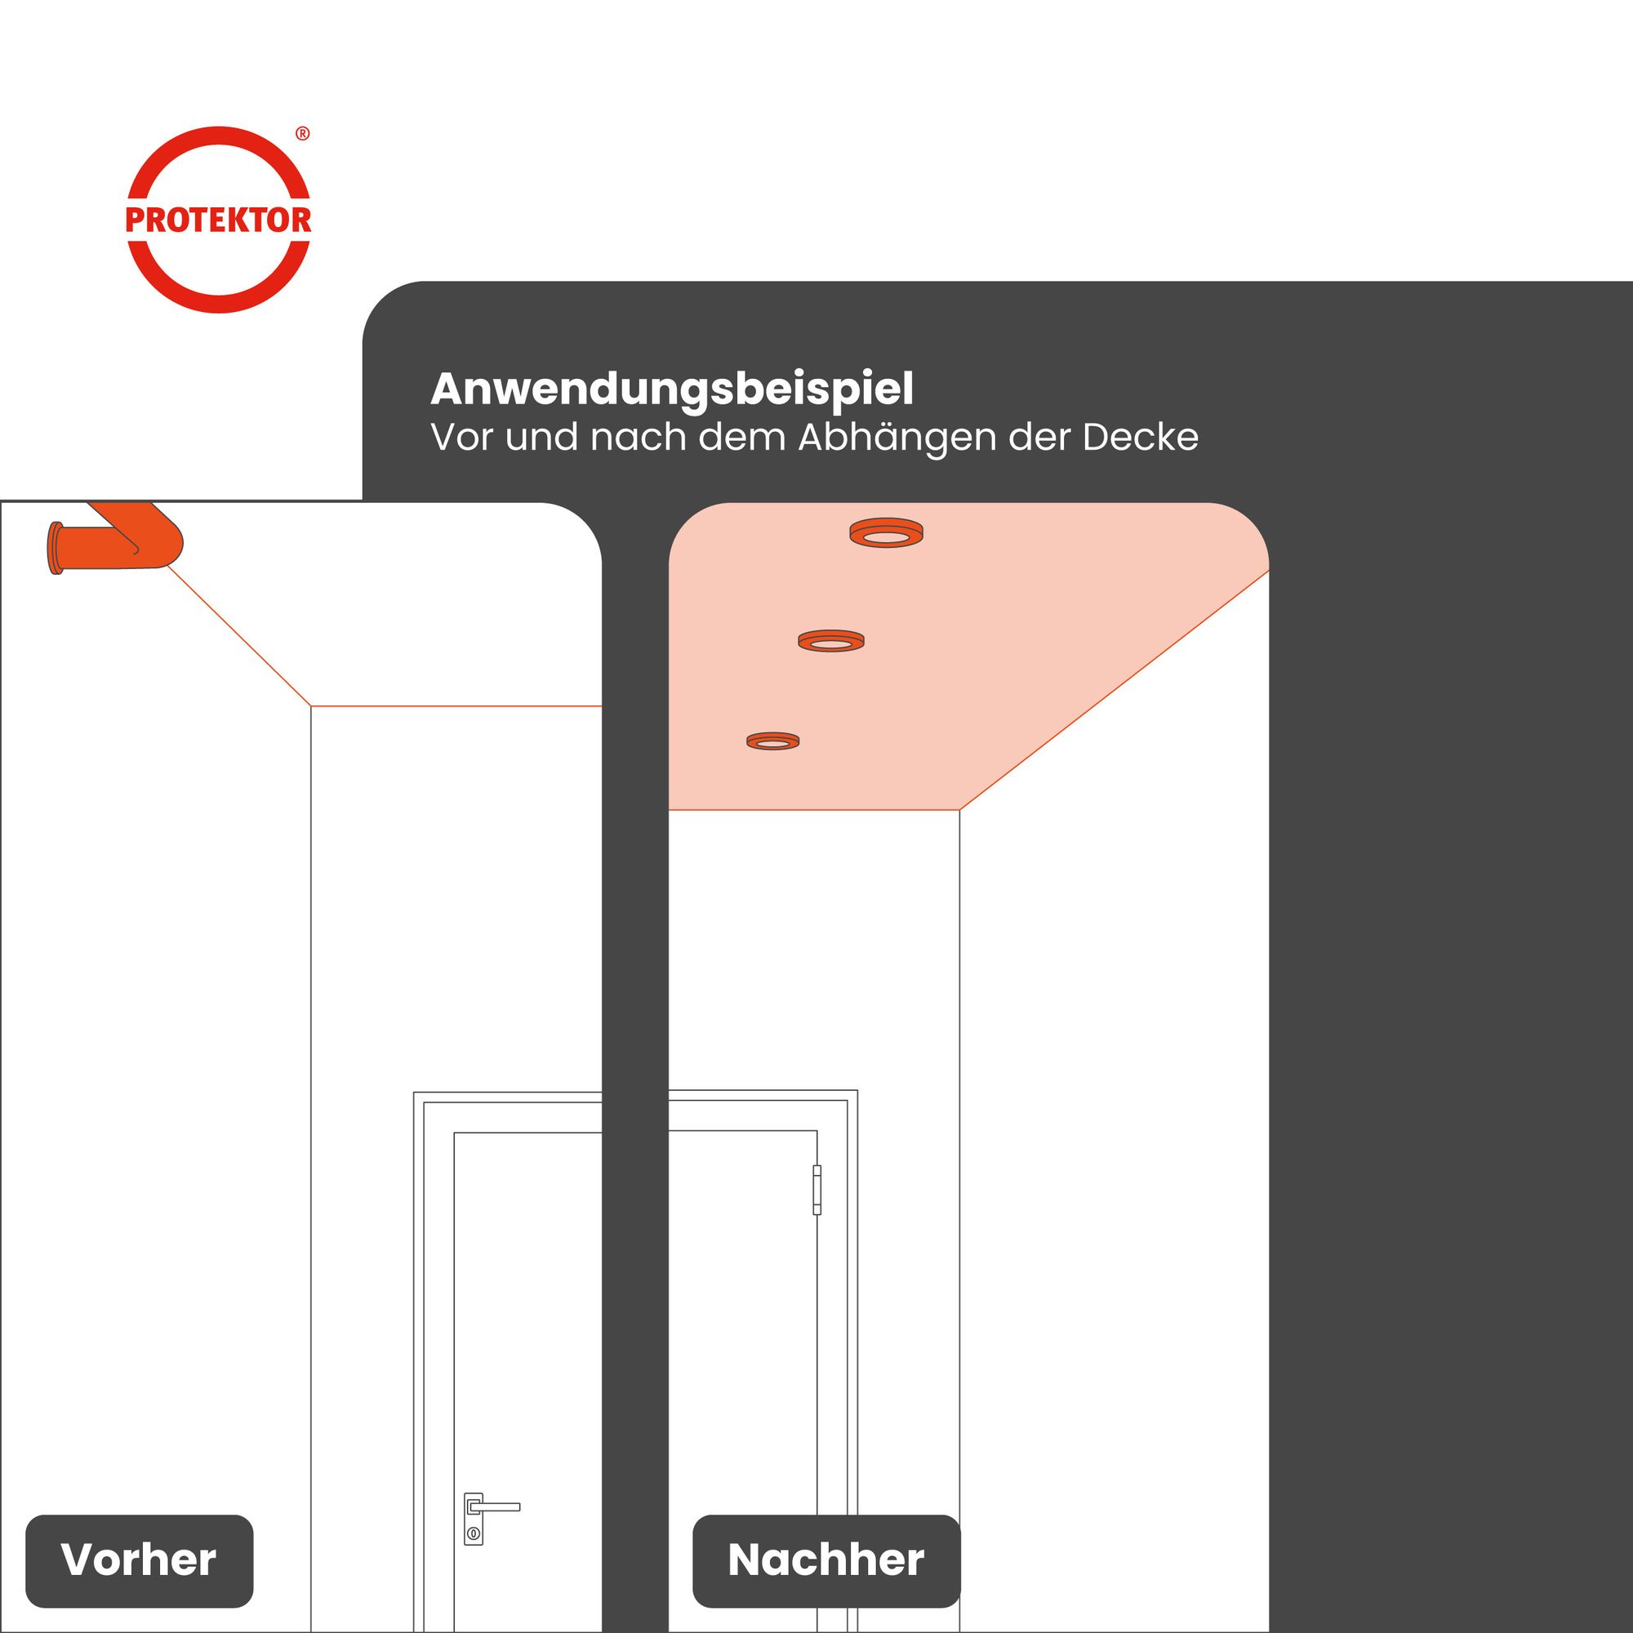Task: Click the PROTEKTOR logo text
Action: pos(218,220)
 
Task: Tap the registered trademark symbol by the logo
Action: pos(303,134)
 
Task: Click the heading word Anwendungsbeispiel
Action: pos(672,389)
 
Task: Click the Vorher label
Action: pos(139,1560)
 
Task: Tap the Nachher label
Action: pos(825,1560)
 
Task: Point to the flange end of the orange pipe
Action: pos(56,549)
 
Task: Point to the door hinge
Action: pos(816,1190)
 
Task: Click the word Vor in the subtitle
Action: pos(461,438)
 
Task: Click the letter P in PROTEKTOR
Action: pos(136,220)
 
